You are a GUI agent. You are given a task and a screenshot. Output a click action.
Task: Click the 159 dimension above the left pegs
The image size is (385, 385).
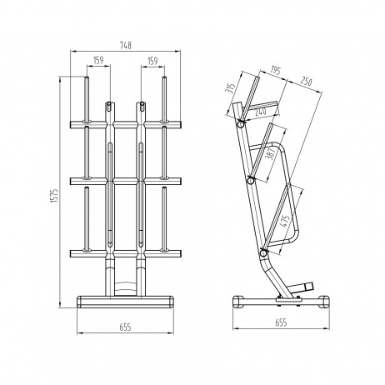[x=98, y=61]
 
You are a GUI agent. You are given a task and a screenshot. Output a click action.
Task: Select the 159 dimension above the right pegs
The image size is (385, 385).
[x=152, y=61]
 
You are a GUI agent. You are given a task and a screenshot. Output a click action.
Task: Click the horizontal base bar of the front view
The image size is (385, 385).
[x=124, y=300]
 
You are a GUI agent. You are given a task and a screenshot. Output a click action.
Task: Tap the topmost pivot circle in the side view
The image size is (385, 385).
[x=241, y=123]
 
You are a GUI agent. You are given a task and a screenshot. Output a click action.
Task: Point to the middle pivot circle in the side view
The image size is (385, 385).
[x=251, y=179]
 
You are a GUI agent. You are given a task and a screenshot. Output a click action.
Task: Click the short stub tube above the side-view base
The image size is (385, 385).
[x=308, y=285]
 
